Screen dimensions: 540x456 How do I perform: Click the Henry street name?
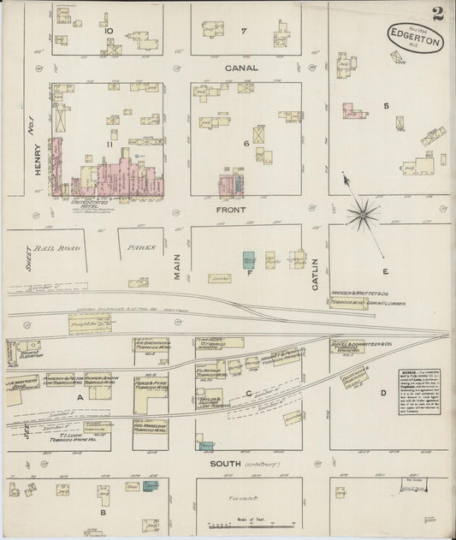point(38,159)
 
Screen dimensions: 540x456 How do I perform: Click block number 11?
point(110,145)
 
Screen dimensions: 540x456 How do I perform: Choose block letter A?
point(79,397)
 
